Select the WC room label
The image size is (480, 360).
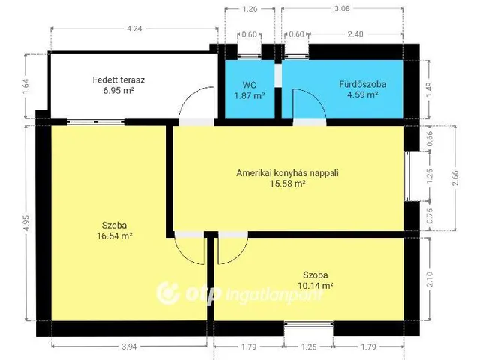click(249, 85)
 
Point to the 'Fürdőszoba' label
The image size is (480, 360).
click(362, 85)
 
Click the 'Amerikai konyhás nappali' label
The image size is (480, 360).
click(288, 172)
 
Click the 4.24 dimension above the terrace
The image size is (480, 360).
click(134, 29)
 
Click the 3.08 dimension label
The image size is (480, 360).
click(342, 9)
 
